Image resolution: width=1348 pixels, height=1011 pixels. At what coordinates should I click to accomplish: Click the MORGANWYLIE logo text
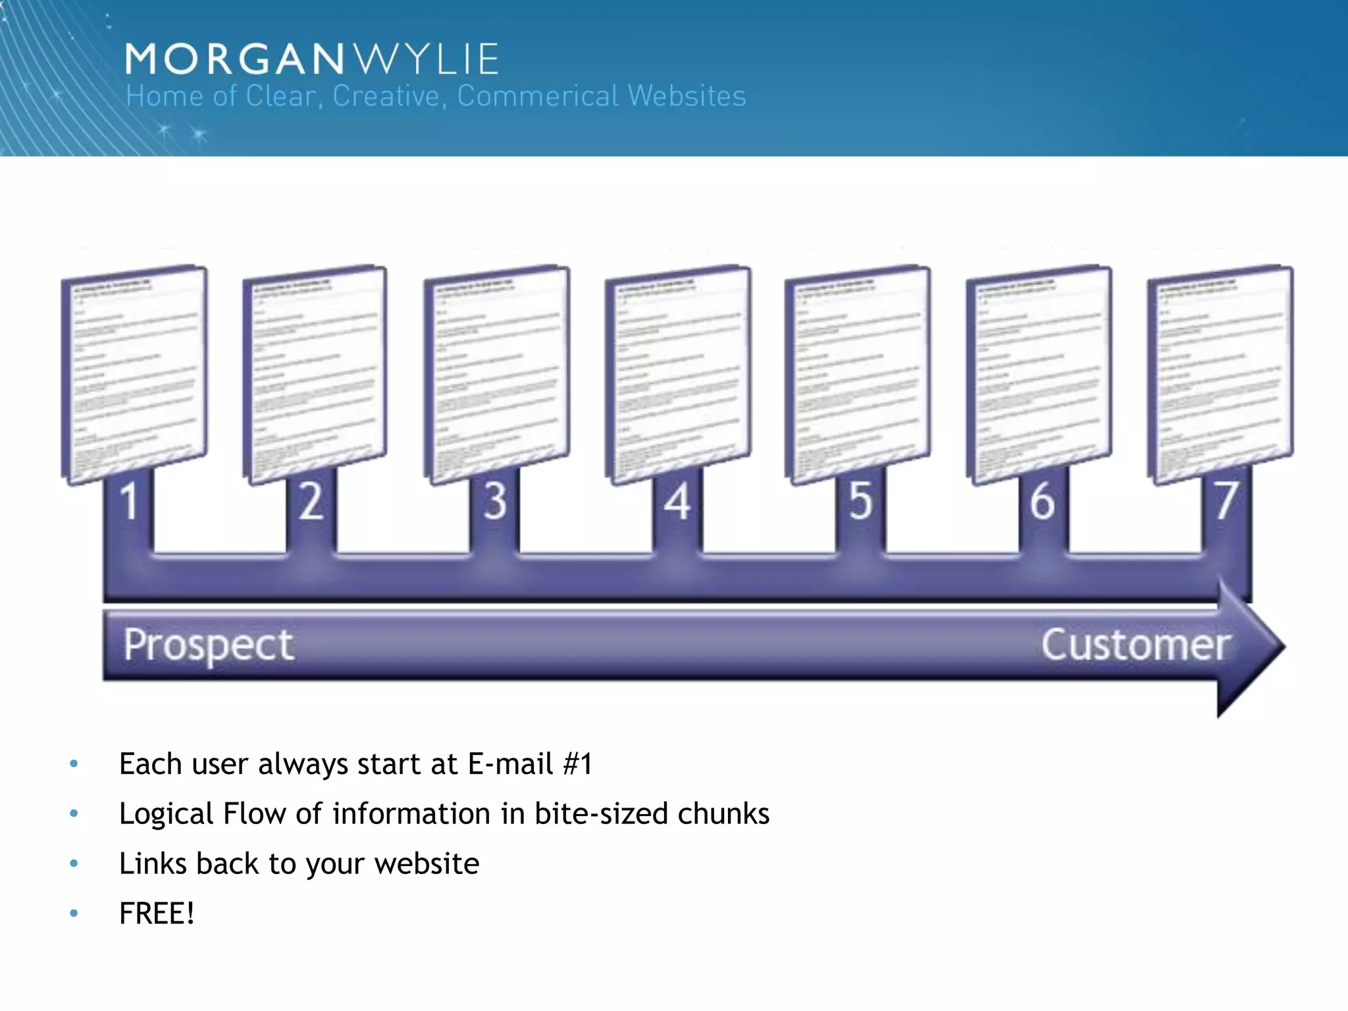coord(311,59)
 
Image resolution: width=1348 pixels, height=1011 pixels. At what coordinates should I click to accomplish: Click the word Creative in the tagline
coord(385,96)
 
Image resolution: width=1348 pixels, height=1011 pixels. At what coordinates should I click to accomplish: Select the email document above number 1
coord(134,374)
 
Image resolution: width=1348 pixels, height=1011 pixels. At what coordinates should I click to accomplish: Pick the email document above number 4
coord(678,374)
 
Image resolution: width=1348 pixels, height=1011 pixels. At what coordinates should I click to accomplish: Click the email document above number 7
coord(1220,374)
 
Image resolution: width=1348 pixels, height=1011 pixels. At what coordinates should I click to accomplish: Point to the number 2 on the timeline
coord(311,502)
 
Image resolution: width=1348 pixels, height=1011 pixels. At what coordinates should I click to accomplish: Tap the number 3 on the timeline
coord(495,502)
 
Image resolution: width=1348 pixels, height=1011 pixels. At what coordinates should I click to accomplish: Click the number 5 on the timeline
coord(860,502)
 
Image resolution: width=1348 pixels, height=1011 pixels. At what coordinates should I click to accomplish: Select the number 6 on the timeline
coord(1043,502)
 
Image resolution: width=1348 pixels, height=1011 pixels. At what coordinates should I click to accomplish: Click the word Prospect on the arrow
coord(208,645)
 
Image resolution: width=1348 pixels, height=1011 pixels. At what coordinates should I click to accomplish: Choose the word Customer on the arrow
coord(1135,645)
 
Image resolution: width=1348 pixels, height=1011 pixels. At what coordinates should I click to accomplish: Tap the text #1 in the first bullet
coord(577,764)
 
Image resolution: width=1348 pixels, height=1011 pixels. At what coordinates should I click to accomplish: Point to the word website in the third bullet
coord(427,864)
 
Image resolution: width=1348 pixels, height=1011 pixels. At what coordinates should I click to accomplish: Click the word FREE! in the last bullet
coord(157,914)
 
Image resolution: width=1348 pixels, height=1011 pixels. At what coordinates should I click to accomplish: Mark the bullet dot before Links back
coord(74,863)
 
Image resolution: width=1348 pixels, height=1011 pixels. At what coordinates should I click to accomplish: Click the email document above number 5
coord(858,374)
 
